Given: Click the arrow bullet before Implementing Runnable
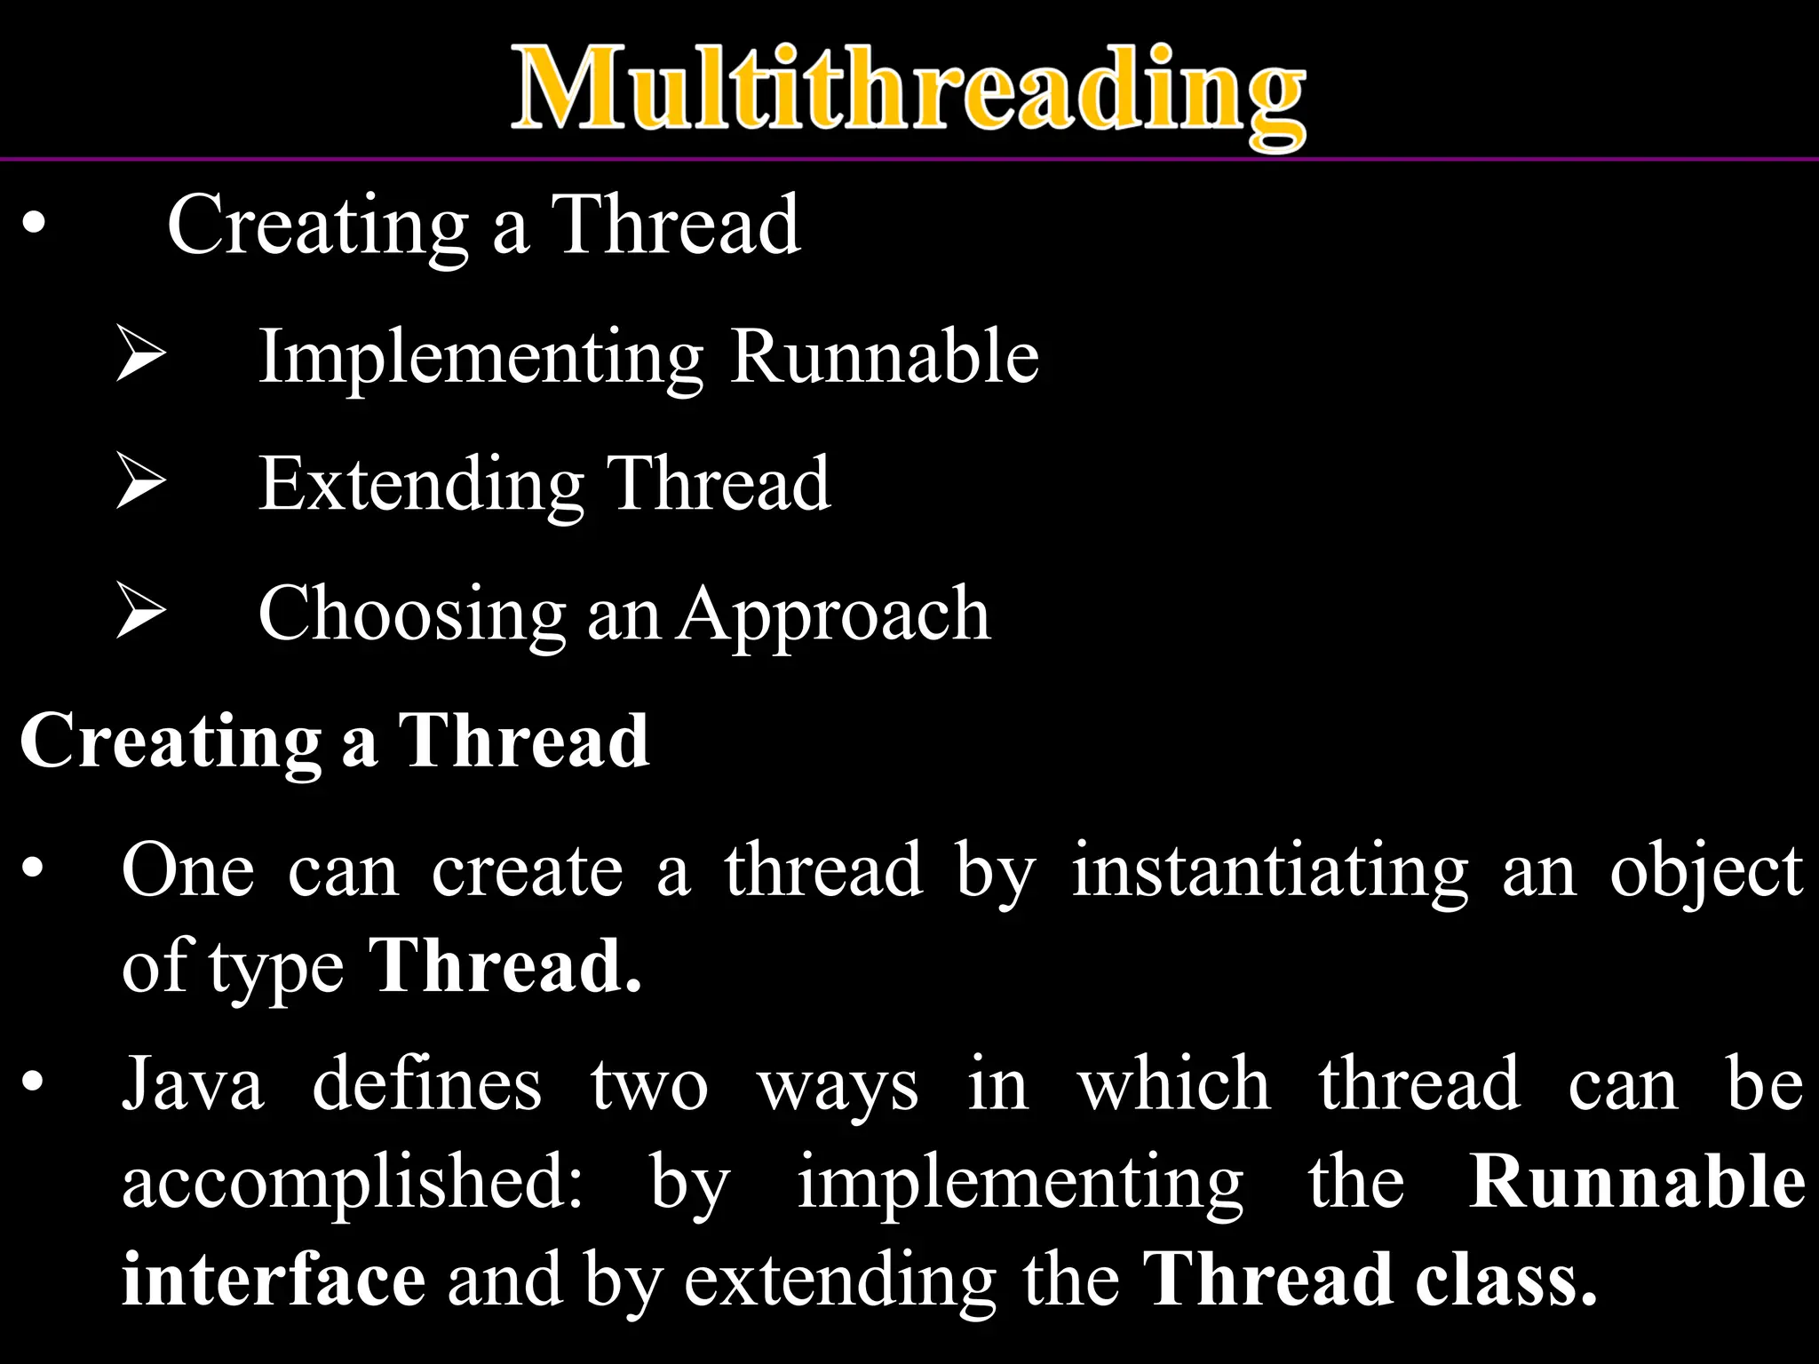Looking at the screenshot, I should click(141, 355).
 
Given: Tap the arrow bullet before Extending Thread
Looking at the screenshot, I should click(141, 483).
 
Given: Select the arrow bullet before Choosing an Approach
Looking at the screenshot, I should click(141, 613).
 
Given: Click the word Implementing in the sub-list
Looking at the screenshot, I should click(481, 357).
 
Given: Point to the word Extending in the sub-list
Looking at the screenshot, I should click(420, 485).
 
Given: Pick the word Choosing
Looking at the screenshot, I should click(411, 615).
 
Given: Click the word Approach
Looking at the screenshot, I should click(834, 615).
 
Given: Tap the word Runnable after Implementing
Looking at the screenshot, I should click(885, 357).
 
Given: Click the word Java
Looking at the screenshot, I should click(193, 1085).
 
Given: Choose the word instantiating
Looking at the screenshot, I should click(1270, 872).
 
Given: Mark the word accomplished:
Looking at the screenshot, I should click(352, 1184).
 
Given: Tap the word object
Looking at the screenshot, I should click(1706, 872).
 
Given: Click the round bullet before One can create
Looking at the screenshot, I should click(33, 868).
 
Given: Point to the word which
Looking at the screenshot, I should click(1173, 1085).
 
